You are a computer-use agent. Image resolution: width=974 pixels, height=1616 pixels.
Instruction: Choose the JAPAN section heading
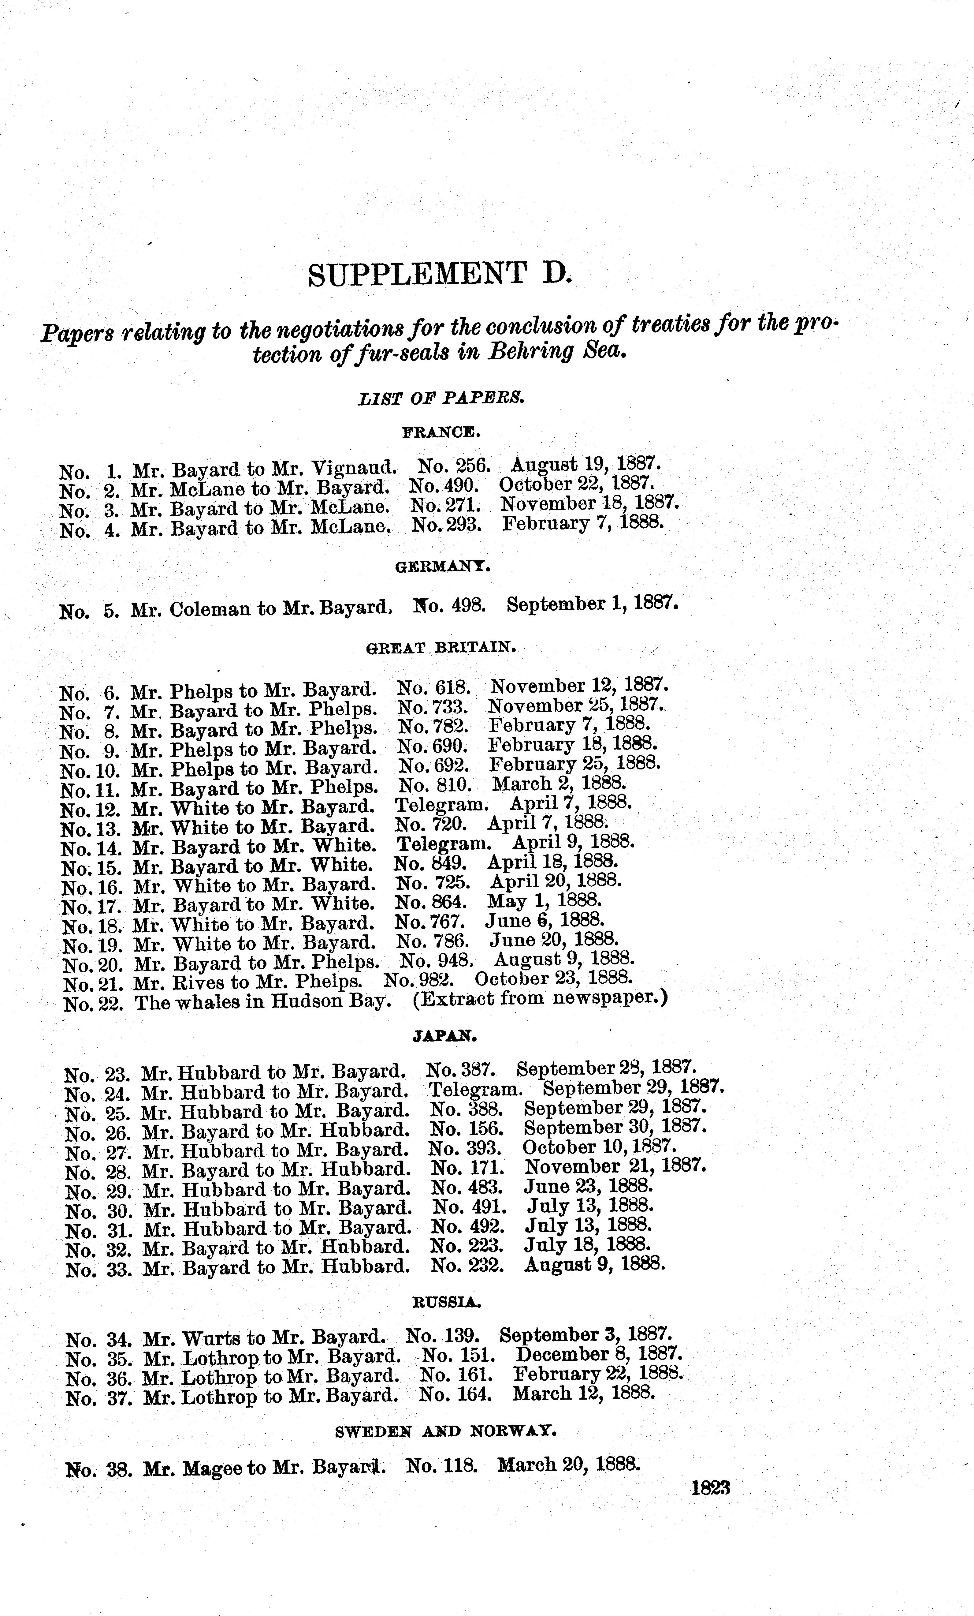(x=444, y=1036)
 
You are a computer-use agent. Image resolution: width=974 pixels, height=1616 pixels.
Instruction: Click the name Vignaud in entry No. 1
(x=354, y=468)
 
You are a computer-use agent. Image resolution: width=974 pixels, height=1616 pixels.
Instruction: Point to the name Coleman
(x=210, y=609)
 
